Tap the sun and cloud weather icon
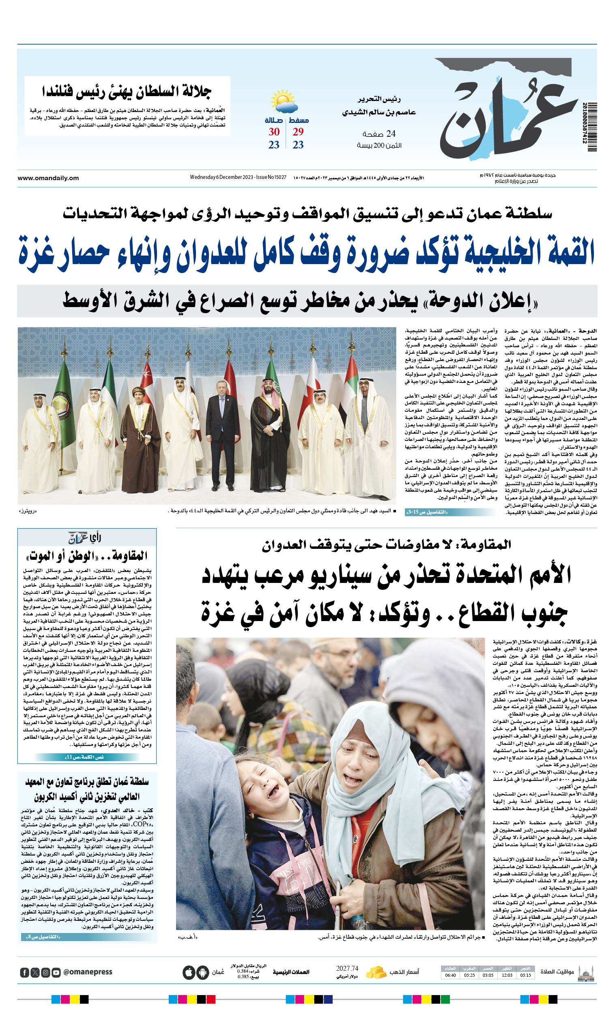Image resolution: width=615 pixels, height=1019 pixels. point(284,102)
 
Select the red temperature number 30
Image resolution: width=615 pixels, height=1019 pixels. point(274,132)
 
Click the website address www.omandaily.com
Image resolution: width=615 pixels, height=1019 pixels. point(48,178)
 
